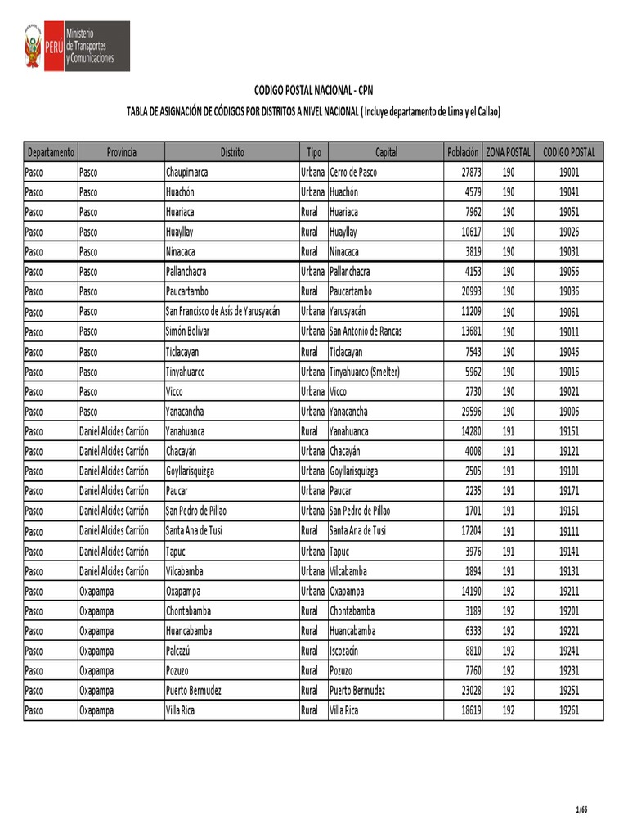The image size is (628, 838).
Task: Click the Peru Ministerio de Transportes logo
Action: tap(76, 47)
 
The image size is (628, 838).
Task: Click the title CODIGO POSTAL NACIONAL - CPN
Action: tap(313, 90)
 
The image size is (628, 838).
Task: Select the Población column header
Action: tap(463, 152)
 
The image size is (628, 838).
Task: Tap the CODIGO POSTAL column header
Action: tap(569, 152)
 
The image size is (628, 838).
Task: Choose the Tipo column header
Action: tap(313, 152)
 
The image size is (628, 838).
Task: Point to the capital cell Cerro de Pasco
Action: tap(353, 173)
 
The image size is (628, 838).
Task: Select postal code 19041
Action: tap(569, 192)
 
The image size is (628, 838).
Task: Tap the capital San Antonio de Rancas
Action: tap(366, 331)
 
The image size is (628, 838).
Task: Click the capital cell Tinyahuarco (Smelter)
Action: tap(365, 372)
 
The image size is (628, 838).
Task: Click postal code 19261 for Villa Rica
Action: tap(569, 710)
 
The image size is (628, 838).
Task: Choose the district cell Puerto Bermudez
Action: tap(193, 690)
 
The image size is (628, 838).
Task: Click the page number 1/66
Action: tap(581, 810)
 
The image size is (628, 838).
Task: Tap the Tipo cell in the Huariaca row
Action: tap(309, 212)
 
